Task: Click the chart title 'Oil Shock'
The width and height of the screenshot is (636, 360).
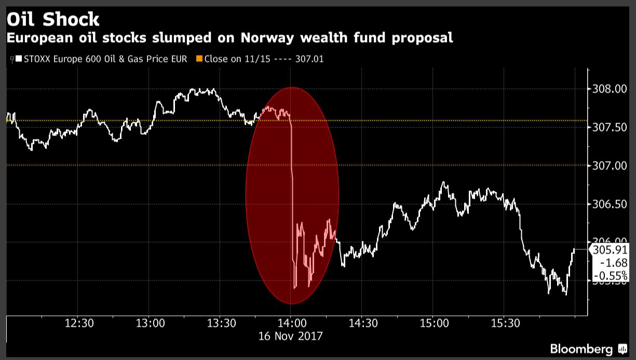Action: [52, 19]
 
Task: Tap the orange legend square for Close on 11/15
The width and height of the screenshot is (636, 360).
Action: [199, 59]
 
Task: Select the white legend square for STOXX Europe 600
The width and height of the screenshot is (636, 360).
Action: [19, 59]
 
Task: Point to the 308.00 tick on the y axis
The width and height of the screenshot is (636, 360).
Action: [610, 89]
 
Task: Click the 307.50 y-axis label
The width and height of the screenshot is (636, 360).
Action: [610, 127]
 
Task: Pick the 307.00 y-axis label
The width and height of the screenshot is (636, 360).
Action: [610, 166]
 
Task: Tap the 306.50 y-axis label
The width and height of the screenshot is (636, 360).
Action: [610, 204]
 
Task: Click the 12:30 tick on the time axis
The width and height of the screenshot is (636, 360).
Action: [79, 323]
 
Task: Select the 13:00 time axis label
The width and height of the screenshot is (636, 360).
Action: [151, 323]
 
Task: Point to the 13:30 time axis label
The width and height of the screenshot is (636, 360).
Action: [222, 323]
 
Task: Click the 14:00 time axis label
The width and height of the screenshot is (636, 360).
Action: [291, 323]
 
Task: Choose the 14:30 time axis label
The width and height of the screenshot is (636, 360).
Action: [363, 323]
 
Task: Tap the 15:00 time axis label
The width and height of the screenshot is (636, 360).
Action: [435, 323]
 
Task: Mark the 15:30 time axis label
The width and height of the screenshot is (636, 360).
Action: [506, 323]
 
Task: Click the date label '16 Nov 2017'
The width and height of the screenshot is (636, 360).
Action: [291, 336]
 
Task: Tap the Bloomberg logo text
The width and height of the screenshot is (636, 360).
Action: [581, 349]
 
